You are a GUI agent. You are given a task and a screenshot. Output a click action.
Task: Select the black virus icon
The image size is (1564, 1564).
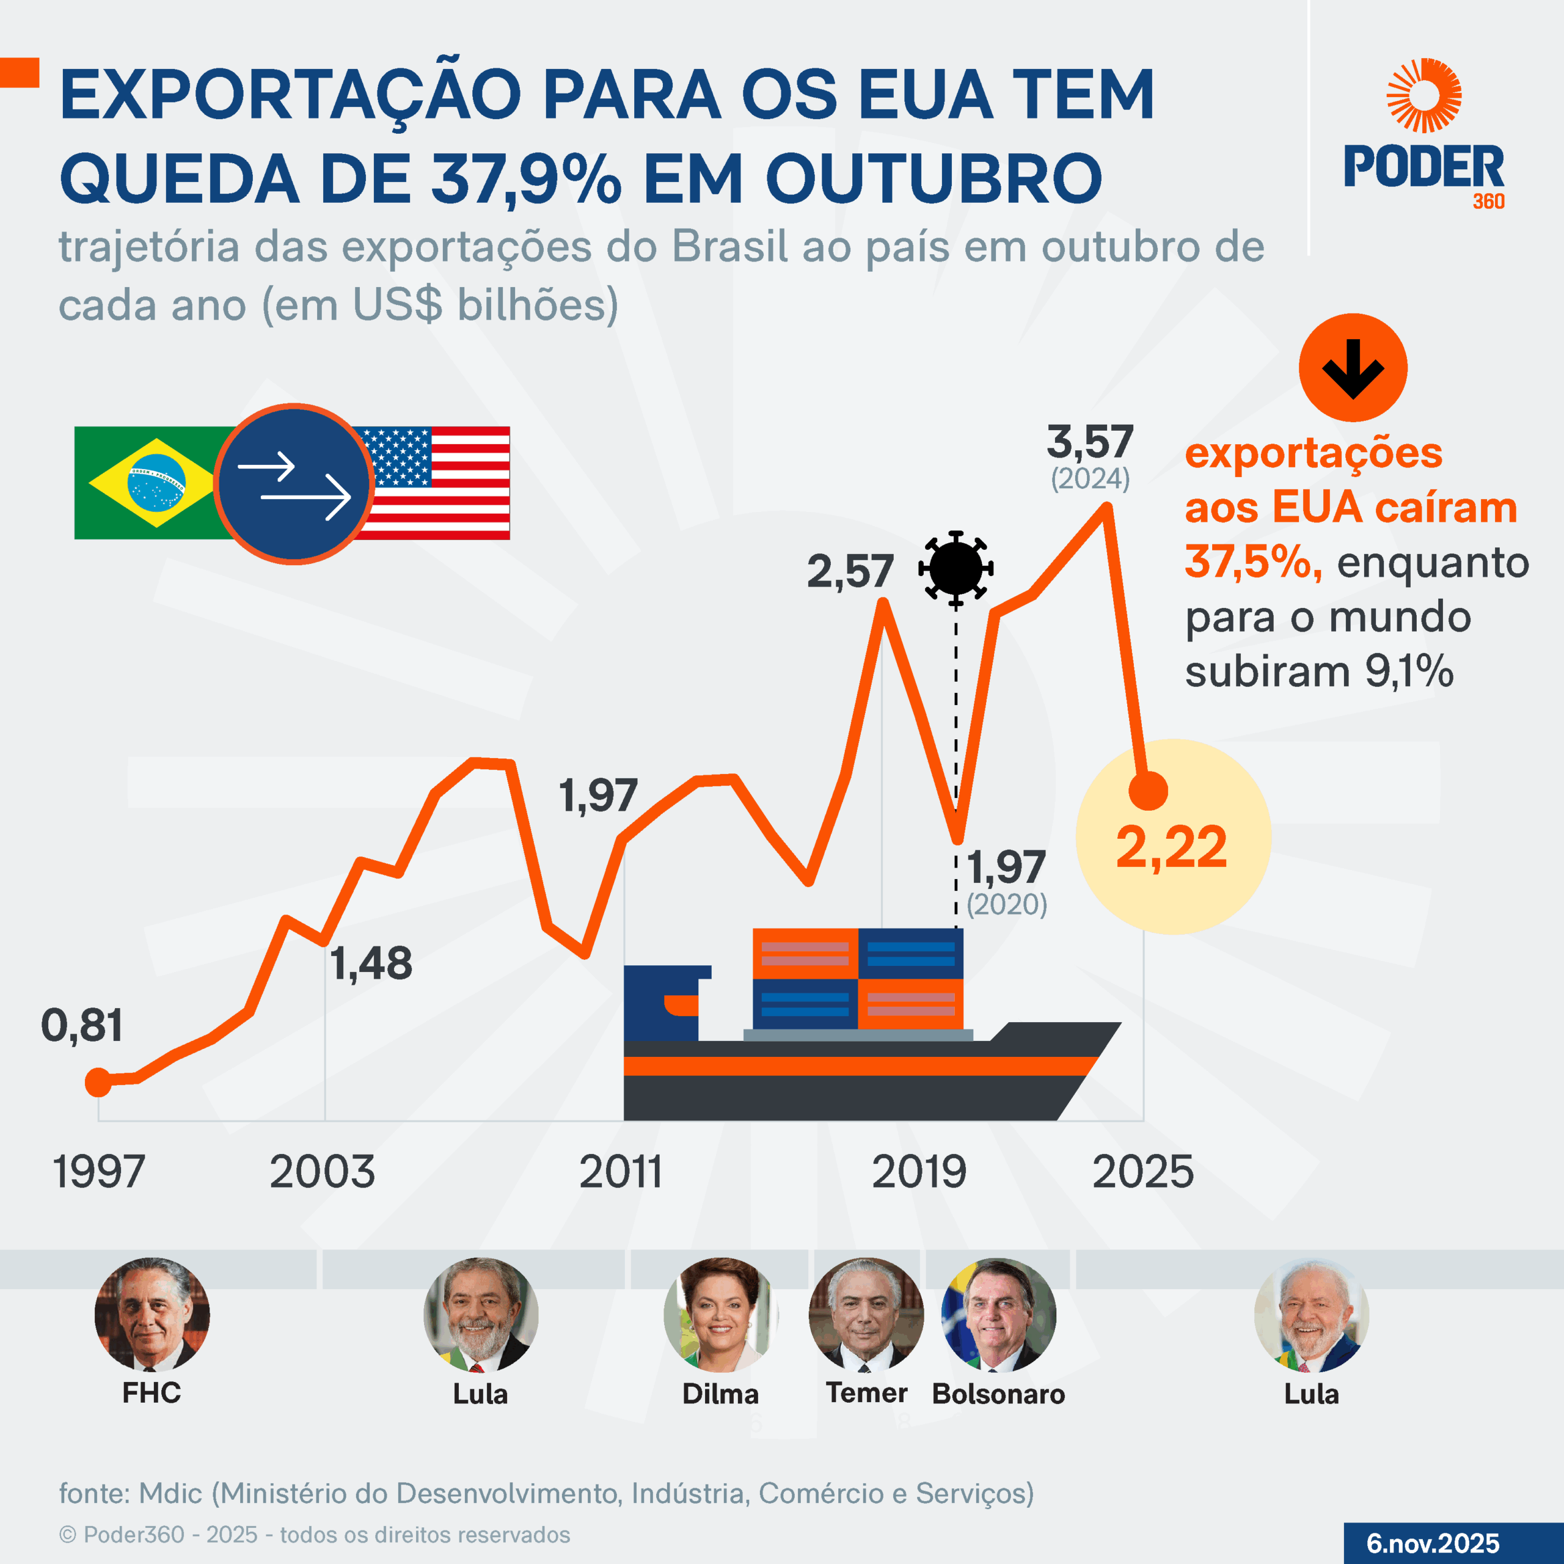click(x=956, y=568)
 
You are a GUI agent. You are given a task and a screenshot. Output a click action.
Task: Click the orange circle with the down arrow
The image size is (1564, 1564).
click(x=1353, y=368)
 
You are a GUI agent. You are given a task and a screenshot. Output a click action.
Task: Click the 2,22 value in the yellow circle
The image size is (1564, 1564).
click(x=1171, y=847)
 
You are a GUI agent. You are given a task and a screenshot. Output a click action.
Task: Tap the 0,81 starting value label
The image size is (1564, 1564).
click(x=82, y=1026)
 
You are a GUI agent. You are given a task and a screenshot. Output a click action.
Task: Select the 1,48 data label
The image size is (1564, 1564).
click(x=371, y=963)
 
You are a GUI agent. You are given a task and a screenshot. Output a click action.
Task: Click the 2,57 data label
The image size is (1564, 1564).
click(x=850, y=571)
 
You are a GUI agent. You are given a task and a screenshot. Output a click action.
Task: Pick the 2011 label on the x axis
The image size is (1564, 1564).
click(x=620, y=1171)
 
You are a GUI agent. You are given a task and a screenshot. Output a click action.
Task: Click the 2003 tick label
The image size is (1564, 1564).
click(x=322, y=1171)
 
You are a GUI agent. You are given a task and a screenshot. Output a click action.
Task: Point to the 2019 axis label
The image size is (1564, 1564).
click(x=919, y=1171)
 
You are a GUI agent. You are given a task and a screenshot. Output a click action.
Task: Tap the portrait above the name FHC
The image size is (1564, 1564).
click(x=152, y=1314)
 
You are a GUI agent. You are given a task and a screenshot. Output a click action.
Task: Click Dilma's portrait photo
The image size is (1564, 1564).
click(x=720, y=1314)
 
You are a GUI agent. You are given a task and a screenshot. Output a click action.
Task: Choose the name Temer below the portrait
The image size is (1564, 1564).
click(x=866, y=1393)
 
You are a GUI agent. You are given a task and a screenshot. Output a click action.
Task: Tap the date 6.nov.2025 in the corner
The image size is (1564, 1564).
click(x=1433, y=1543)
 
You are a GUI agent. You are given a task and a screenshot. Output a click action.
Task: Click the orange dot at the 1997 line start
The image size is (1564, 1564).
click(x=98, y=1083)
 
